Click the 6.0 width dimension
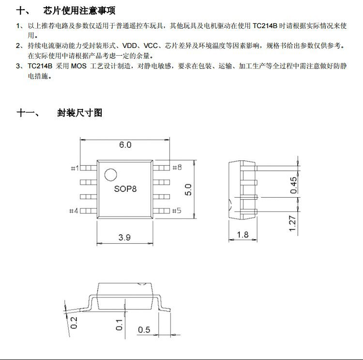[125, 144]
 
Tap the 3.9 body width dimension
[125, 237]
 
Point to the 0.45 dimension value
[294, 185]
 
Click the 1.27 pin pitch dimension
[294, 223]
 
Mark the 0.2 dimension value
[74, 322]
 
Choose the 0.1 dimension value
[119, 324]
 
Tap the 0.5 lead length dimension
[144, 329]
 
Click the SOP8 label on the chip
[125, 188]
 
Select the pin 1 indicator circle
[111, 175]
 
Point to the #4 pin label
[74, 211]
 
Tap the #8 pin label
[176, 168]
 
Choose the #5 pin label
[176, 211]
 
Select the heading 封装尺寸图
[79, 113]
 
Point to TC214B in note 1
[265, 26]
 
